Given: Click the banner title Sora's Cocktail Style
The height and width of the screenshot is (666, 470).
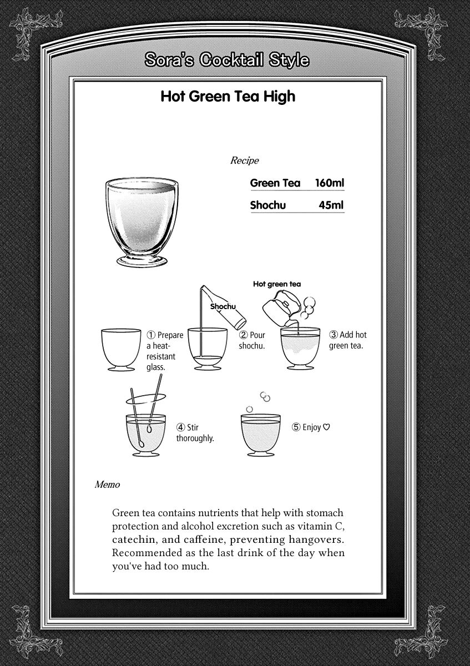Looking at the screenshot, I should (x=227, y=60).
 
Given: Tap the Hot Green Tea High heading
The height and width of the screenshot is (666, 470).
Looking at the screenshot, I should (x=228, y=97).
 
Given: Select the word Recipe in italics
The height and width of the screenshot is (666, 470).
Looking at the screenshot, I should (x=244, y=161).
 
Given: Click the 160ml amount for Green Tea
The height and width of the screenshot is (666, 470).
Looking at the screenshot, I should (x=330, y=183).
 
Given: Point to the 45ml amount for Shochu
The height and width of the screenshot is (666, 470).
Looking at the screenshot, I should (x=331, y=205).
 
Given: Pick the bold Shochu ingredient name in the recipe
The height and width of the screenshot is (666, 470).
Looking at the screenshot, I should (x=268, y=205).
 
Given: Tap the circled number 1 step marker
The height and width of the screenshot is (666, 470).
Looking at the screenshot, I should (x=150, y=335).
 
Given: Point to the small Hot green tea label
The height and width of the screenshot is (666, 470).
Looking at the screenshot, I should (x=277, y=284).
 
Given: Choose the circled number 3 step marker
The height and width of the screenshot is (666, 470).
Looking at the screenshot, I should (x=334, y=335).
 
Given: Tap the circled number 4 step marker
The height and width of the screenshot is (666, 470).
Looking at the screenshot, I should (x=181, y=427).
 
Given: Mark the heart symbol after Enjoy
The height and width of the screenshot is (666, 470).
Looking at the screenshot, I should (x=326, y=427).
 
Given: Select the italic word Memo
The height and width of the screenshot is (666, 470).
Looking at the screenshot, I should (x=107, y=485).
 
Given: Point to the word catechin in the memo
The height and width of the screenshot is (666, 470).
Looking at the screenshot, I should (x=132, y=539).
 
